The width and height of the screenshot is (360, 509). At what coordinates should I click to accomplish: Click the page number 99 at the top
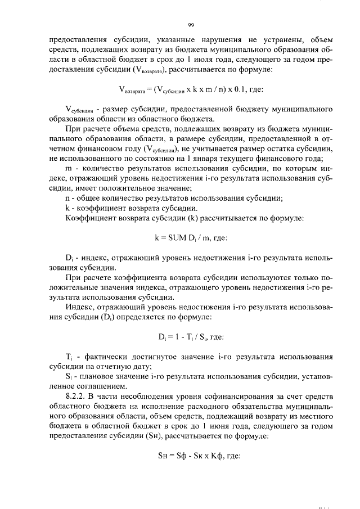click(191, 25)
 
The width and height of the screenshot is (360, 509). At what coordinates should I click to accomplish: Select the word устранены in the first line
click(275, 40)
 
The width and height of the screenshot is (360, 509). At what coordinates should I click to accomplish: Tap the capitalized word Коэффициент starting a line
click(91, 217)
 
